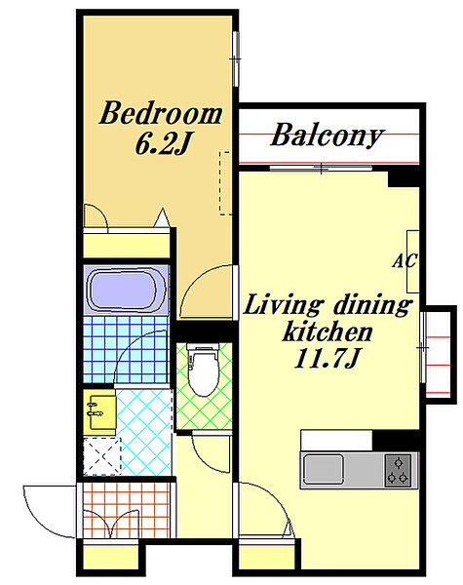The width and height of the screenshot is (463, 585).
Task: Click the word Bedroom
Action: [x=161, y=113]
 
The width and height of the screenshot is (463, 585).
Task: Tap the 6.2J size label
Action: [x=163, y=144]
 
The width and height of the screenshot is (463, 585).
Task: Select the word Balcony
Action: [x=327, y=136]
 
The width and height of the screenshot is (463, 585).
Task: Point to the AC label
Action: [x=405, y=260]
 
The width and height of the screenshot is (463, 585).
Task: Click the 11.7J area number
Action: [x=328, y=359]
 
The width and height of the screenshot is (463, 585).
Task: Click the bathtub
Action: [x=126, y=290]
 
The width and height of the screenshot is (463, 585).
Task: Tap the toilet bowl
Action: [x=203, y=370]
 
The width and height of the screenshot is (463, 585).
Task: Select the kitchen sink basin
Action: [x=324, y=469]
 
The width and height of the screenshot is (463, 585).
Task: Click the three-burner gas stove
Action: [x=398, y=470]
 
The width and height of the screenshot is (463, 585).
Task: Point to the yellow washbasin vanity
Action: [x=98, y=411]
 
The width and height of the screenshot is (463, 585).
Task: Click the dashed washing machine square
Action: [x=102, y=456]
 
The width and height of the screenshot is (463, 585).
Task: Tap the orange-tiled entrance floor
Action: [x=126, y=510]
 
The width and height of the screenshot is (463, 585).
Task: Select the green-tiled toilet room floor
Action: [x=204, y=386]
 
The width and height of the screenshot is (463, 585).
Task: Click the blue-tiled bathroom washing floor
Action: [x=126, y=349]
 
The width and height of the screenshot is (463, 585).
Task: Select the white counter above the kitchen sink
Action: [x=336, y=441]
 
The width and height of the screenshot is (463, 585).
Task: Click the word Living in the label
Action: [x=283, y=304]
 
